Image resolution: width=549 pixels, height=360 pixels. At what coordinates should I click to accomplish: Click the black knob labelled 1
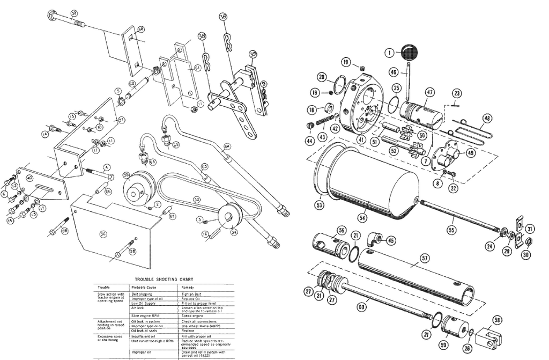pos(410,52)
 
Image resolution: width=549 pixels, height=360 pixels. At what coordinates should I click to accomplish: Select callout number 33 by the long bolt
pos(74,13)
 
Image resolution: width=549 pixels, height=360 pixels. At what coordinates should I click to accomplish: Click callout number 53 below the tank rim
pos(320,204)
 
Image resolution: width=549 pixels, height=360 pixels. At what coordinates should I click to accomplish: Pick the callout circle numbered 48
pos(487,118)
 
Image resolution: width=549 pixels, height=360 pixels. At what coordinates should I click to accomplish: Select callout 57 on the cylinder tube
pos(425,258)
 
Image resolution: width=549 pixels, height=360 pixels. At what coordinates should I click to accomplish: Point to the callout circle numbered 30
pos(526,255)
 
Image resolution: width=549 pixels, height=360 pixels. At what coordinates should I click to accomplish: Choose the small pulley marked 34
pos(229,218)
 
